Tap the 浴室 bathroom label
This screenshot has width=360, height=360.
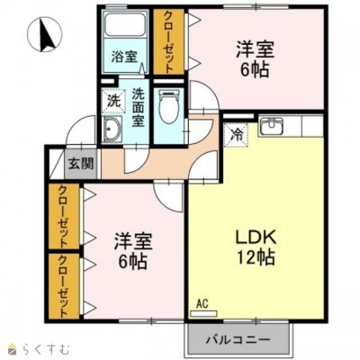pyautogui.click(x=124, y=57)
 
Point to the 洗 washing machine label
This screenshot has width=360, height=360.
pyautogui.click(x=113, y=99)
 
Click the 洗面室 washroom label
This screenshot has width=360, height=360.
pyautogui.click(x=139, y=105)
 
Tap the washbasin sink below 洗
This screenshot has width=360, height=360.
pyautogui.click(x=114, y=134)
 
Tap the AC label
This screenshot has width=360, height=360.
pyautogui.click(x=202, y=306)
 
